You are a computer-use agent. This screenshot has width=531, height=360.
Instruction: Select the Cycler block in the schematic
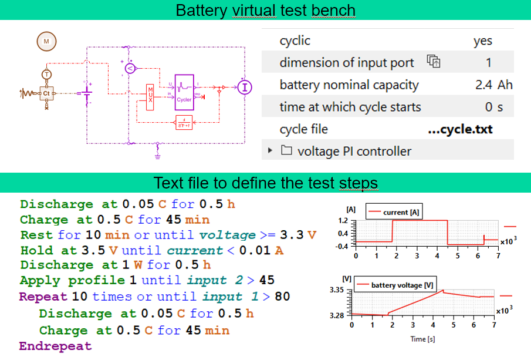click(184, 92)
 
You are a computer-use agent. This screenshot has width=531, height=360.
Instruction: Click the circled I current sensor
click(244, 87)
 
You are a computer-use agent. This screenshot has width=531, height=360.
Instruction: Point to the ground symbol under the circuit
click(157, 156)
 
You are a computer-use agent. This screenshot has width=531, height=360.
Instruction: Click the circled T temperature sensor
click(46, 74)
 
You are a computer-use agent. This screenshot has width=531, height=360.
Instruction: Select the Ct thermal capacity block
click(46, 93)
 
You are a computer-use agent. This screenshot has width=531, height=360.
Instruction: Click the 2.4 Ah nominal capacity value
click(493, 85)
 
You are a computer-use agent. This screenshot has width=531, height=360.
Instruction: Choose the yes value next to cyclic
click(482, 41)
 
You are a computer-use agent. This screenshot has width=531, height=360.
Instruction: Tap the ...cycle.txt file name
click(459, 129)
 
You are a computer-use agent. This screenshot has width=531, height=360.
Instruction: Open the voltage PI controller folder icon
click(286, 151)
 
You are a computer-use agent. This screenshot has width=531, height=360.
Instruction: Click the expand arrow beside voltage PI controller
click(270, 151)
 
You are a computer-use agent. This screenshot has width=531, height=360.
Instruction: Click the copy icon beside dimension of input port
click(433, 62)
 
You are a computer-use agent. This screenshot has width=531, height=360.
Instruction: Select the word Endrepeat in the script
click(55, 346)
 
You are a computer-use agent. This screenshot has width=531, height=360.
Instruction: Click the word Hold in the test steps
click(35, 250)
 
